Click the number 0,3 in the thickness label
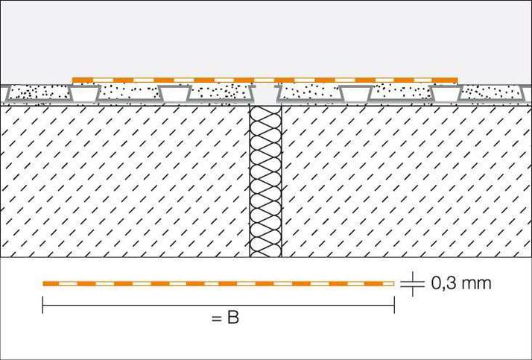point(445,284)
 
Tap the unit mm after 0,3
point(477,284)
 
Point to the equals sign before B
point(215,319)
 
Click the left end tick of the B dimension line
point(43,305)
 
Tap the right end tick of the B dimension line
point(394,305)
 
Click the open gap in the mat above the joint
point(266,94)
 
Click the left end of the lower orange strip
point(45,283)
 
